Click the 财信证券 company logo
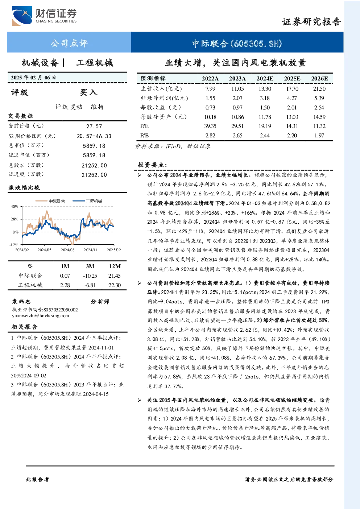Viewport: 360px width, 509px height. [44, 16]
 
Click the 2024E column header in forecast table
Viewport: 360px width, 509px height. [265, 79]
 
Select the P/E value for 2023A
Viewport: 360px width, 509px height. [237, 126]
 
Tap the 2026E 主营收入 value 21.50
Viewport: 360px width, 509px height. [319, 88]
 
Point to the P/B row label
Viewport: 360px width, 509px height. [145, 136]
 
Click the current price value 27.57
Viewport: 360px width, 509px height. [94, 126]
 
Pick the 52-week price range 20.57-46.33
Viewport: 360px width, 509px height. [94, 136]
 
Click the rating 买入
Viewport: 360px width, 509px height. [88, 92]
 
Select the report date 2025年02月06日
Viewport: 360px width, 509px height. [33, 78]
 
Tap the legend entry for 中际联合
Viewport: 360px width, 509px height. [50, 201]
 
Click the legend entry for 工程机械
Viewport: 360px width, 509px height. [87, 201]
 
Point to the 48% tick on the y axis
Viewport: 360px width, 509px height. [14, 206]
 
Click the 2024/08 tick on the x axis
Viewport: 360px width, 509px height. [67, 250]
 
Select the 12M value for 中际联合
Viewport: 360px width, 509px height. [114, 276]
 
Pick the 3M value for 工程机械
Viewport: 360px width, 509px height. [90, 285]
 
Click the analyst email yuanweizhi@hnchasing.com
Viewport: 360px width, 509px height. [41, 316]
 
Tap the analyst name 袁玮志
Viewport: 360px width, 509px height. [21, 302]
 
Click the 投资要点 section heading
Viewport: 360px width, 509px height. [152, 165]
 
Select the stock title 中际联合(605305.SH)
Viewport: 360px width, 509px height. [237, 43]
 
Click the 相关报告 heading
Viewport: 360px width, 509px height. [25, 327]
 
